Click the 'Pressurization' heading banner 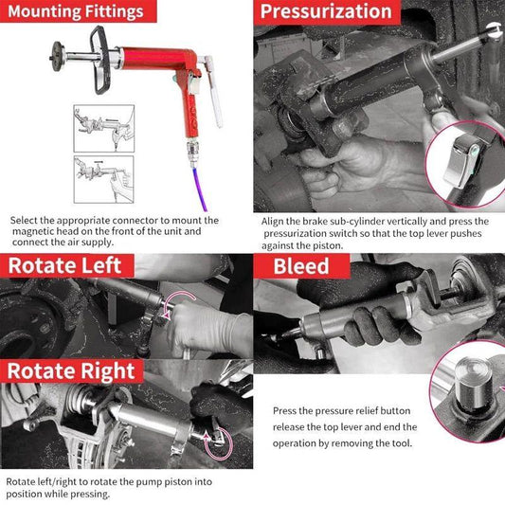tap(326, 12)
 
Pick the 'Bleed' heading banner tap(301, 265)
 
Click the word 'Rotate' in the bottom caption tap(24, 482)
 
